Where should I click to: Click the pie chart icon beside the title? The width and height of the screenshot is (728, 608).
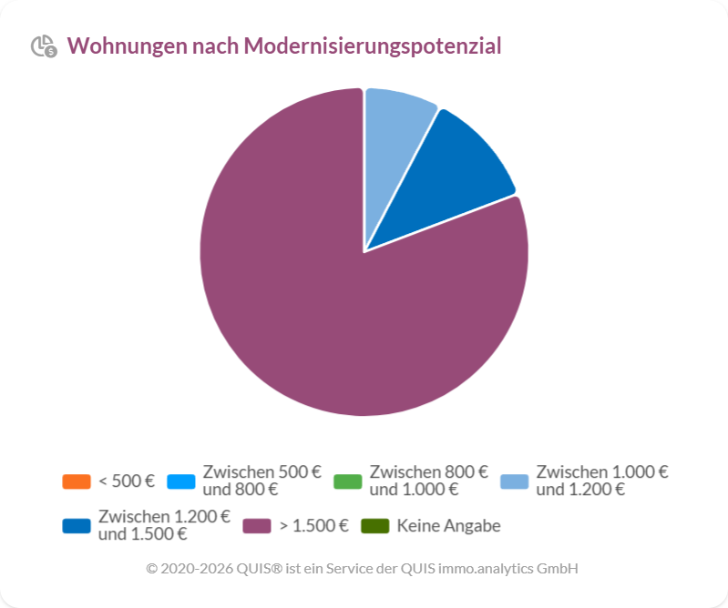43,46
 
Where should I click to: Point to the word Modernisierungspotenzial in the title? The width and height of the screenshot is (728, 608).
373,46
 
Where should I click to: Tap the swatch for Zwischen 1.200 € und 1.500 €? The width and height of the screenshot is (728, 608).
77,526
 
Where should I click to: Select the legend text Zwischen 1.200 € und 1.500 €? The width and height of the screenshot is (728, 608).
164,526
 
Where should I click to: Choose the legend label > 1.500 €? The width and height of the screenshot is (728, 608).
314,526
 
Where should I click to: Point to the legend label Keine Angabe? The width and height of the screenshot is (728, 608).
448,526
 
